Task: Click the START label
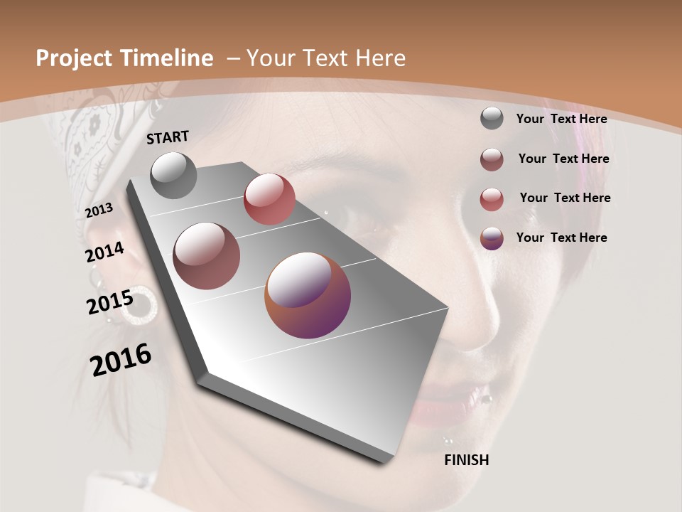[168, 137]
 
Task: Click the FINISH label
[466, 460]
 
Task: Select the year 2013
[99, 210]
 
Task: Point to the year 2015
[109, 303]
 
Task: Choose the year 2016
[121, 360]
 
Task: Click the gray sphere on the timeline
[173, 175]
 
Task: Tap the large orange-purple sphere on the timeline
[308, 295]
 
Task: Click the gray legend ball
[492, 118]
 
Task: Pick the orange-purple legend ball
[492, 238]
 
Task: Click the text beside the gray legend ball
[561, 119]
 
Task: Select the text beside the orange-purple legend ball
[561, 238]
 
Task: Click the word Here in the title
[379, 58]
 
